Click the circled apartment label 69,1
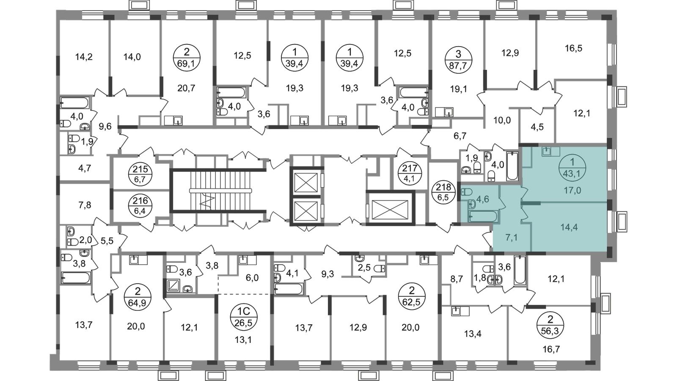[x=187, y=58]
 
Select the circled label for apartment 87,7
[x=458, y=60]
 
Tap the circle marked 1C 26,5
[x=243, y=317]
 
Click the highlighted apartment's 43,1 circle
[x=572, y=168]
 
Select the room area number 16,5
[x=573, y=48]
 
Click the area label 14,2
[x=84, y=57]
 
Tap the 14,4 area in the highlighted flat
[x=569, y=227]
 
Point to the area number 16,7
[x=551, y=349]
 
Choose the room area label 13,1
[x=243, y=340]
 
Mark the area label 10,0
[x=502, y=120]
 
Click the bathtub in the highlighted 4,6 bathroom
[x=483, y=216]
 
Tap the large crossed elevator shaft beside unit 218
[x=390, y=209]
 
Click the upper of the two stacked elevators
[x=305, y=182]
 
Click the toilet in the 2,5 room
[x=380, y=268]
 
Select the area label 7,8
[x=85, y=205]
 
